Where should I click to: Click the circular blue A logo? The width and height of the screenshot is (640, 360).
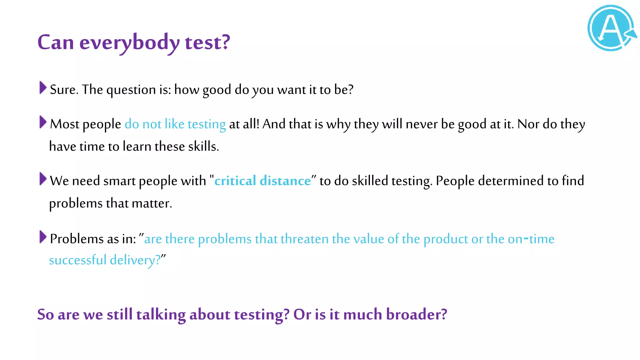tap(611, 28)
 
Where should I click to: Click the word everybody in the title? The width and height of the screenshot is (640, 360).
tap(129, 42)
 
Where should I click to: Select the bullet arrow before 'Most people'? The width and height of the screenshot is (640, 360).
tap(43, 122)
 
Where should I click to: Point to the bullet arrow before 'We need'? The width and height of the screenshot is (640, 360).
tap(43, 179)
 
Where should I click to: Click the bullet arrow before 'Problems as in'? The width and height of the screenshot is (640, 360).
tap(43, 237)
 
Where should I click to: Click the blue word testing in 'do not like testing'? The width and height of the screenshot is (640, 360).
tap(207, 124)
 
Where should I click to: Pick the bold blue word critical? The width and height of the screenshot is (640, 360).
tap(235, 181)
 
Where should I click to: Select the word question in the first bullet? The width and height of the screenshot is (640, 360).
tap(131, 90)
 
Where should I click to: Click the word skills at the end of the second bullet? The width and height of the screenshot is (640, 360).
tap(203, 147)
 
